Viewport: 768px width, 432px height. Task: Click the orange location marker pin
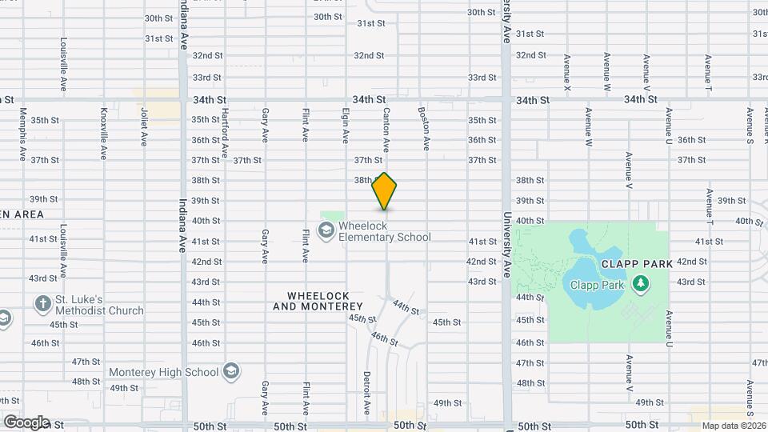(385, 191)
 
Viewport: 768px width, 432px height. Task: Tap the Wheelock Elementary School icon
(326, 231)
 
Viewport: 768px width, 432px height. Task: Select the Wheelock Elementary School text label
(384, 231)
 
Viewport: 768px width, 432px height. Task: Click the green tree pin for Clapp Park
(639, 284)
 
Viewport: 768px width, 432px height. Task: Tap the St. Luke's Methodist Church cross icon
(42, 305)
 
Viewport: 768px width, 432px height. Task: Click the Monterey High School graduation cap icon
(231, 372)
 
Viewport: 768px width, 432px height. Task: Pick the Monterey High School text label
(163, 372)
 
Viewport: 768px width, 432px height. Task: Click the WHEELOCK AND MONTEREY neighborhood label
(318, 301)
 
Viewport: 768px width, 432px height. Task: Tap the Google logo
(26, 422)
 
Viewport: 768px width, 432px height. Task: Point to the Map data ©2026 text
(734, 426)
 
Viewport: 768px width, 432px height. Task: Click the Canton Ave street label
(386, 130)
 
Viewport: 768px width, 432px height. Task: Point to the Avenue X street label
(566, 71)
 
